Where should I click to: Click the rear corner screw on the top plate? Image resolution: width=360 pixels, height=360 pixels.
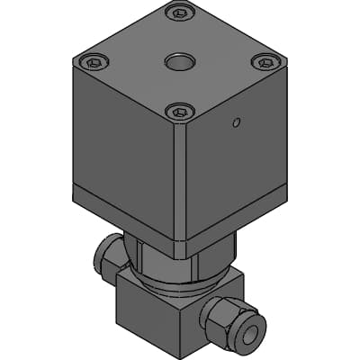coord(180,13)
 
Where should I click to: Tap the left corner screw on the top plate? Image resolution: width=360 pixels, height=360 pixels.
coord(93,62)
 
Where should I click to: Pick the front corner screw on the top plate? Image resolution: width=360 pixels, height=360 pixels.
coord(180,112)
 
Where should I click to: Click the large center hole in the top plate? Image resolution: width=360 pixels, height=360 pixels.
coord(179,62)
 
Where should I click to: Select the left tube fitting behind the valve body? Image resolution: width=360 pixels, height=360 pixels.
coord(108,257)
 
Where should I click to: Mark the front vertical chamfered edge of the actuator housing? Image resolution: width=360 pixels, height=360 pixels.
coord(181,180)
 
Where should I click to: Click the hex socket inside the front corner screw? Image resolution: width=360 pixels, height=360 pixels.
coord(180,112)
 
